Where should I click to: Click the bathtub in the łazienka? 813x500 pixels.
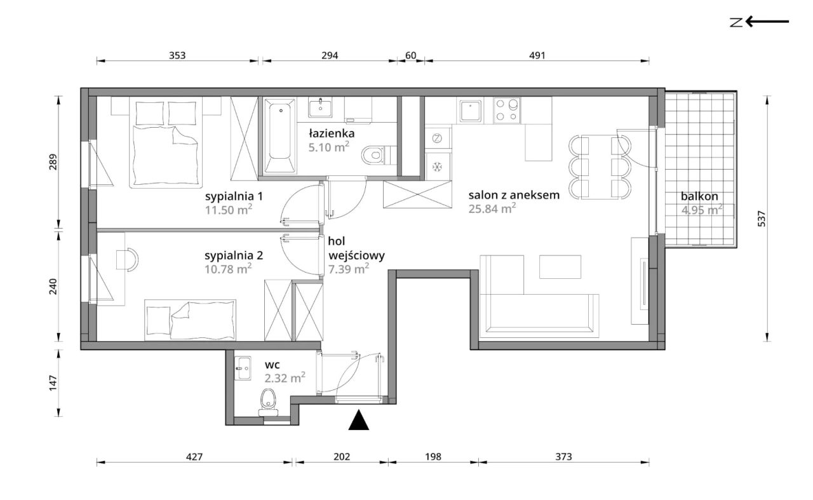click(x=279, y=136)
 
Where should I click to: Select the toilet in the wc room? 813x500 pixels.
click(x=268, y=403)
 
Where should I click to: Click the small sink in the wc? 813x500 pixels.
click(x=243, y=368)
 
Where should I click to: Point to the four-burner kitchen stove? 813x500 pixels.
click(x=507, y=111)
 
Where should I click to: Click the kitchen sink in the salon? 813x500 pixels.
click(x=471, y=111)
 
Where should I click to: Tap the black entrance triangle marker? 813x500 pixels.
click(x=359, y=420)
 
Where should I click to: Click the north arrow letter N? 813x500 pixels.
click(x=736, y=22)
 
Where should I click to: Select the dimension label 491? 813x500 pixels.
click(x=537, y=55)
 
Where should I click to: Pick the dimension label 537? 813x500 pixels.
click(x=762, y=219)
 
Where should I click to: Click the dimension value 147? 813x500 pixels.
click(x=53, y=384)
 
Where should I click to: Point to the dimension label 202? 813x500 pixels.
click(x=342, y=456)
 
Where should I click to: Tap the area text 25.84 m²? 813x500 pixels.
click(x=492, y=208)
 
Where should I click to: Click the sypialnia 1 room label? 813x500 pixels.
click(x=234, y=196)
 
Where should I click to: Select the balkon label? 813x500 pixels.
click(x=699, y=196)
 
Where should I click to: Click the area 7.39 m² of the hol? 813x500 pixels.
click(x=349, y=269)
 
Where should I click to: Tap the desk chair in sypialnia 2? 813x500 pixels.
click(x=127, y=260)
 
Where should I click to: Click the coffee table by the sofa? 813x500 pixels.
click(x=560, y=267)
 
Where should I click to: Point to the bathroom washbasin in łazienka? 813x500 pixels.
click(x=320, y=108)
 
